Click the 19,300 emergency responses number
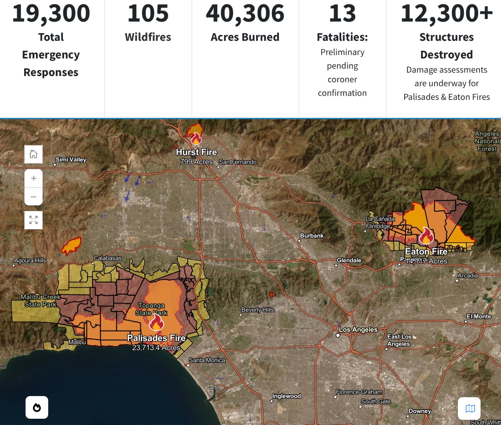tap(51, 13)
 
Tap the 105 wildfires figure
tap(148, 13)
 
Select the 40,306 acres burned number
tap(245, 13)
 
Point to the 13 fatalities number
tap(342, 13)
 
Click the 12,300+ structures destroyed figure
tap(447, 13)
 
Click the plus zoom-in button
tap(34, 178)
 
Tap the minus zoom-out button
tap(34, 197)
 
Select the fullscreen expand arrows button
tap(34, 220)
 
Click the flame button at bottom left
tap(37, 407)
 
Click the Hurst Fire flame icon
tap(196, 138)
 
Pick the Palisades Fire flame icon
tap(156, 323)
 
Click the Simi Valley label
tap(71, 160)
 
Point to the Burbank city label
tap(312, 236)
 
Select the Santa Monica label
tap(207, 360)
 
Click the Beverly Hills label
tap(258, 310)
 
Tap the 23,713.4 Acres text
tap(156, 348)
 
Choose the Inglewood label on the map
tap(287, 396)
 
